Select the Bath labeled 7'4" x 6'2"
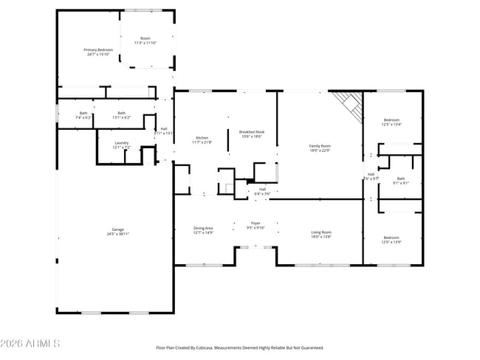pyautogui.click(x=83, y=115)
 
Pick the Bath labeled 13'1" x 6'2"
pyautogui.click(x=121, y=115)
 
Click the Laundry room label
pyautogui.click(x=121, y=145)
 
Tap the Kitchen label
pyautogui.click(x=202, y=139)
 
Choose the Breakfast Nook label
pyautogui.click(x=253, y=134)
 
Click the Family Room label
pyautogui.click(x=320, y=148)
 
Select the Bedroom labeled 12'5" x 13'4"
pyautogui.click(x=391, y=122)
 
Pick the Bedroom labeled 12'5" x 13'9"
pyautogui.click(x=391, y=239)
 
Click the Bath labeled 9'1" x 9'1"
pyautogui.click(x=400, y=180)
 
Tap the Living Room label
pyautogui.click(x=320, y=235)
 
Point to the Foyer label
pyautogui.click(x=256, y=225)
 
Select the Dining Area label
pyautogui.click(x=204, y=230)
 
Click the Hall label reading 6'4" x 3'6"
pyautogui.click(x=262, y=191)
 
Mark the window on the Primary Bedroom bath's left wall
pyautogui.click(x=58, y=114)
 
